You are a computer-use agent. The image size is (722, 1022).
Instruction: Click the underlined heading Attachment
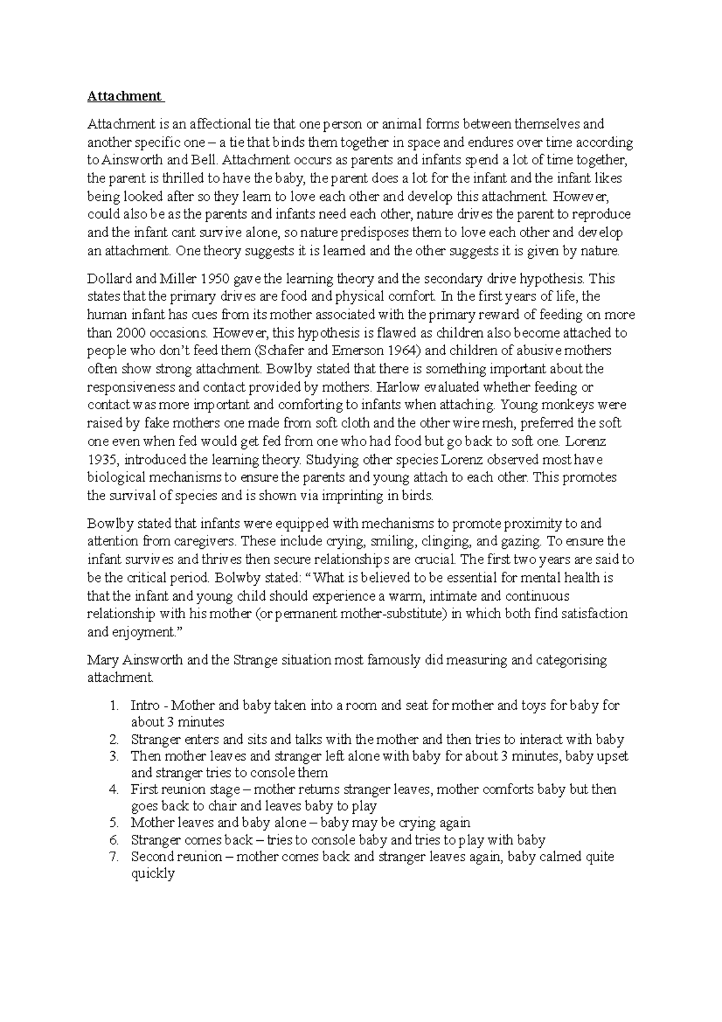pyautogui.click(x=125, y=96)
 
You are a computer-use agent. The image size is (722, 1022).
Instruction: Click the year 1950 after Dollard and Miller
pyautogui.click(x=215, y=279)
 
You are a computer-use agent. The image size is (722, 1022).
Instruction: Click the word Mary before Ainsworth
pyautogui.click(x=102, y=660)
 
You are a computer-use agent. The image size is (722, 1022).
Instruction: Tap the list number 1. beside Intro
pyautogui.click(x=114, y=705)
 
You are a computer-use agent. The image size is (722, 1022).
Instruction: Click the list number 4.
pyautogui.click(x=114, y=789)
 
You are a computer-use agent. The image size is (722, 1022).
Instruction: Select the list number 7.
pyautogui.click(x=114, y=856)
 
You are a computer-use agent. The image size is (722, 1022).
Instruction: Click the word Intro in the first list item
pyautogui.click(x=144, y=705)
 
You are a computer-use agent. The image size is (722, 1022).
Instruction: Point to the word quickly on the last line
pyautogui.click(x=153, y=873)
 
